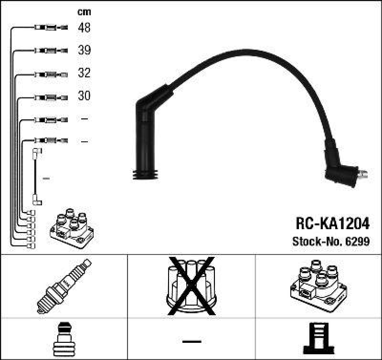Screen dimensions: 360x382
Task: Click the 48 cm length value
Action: (84, 28)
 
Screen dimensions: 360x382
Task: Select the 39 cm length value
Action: (84, 51)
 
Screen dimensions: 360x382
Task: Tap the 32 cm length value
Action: (84, 74)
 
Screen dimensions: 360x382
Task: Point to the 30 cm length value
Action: (84, 96)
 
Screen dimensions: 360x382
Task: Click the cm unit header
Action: (84, 12)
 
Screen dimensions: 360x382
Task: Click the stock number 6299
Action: (358, 242)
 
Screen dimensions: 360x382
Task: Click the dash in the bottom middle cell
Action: (191, 341)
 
